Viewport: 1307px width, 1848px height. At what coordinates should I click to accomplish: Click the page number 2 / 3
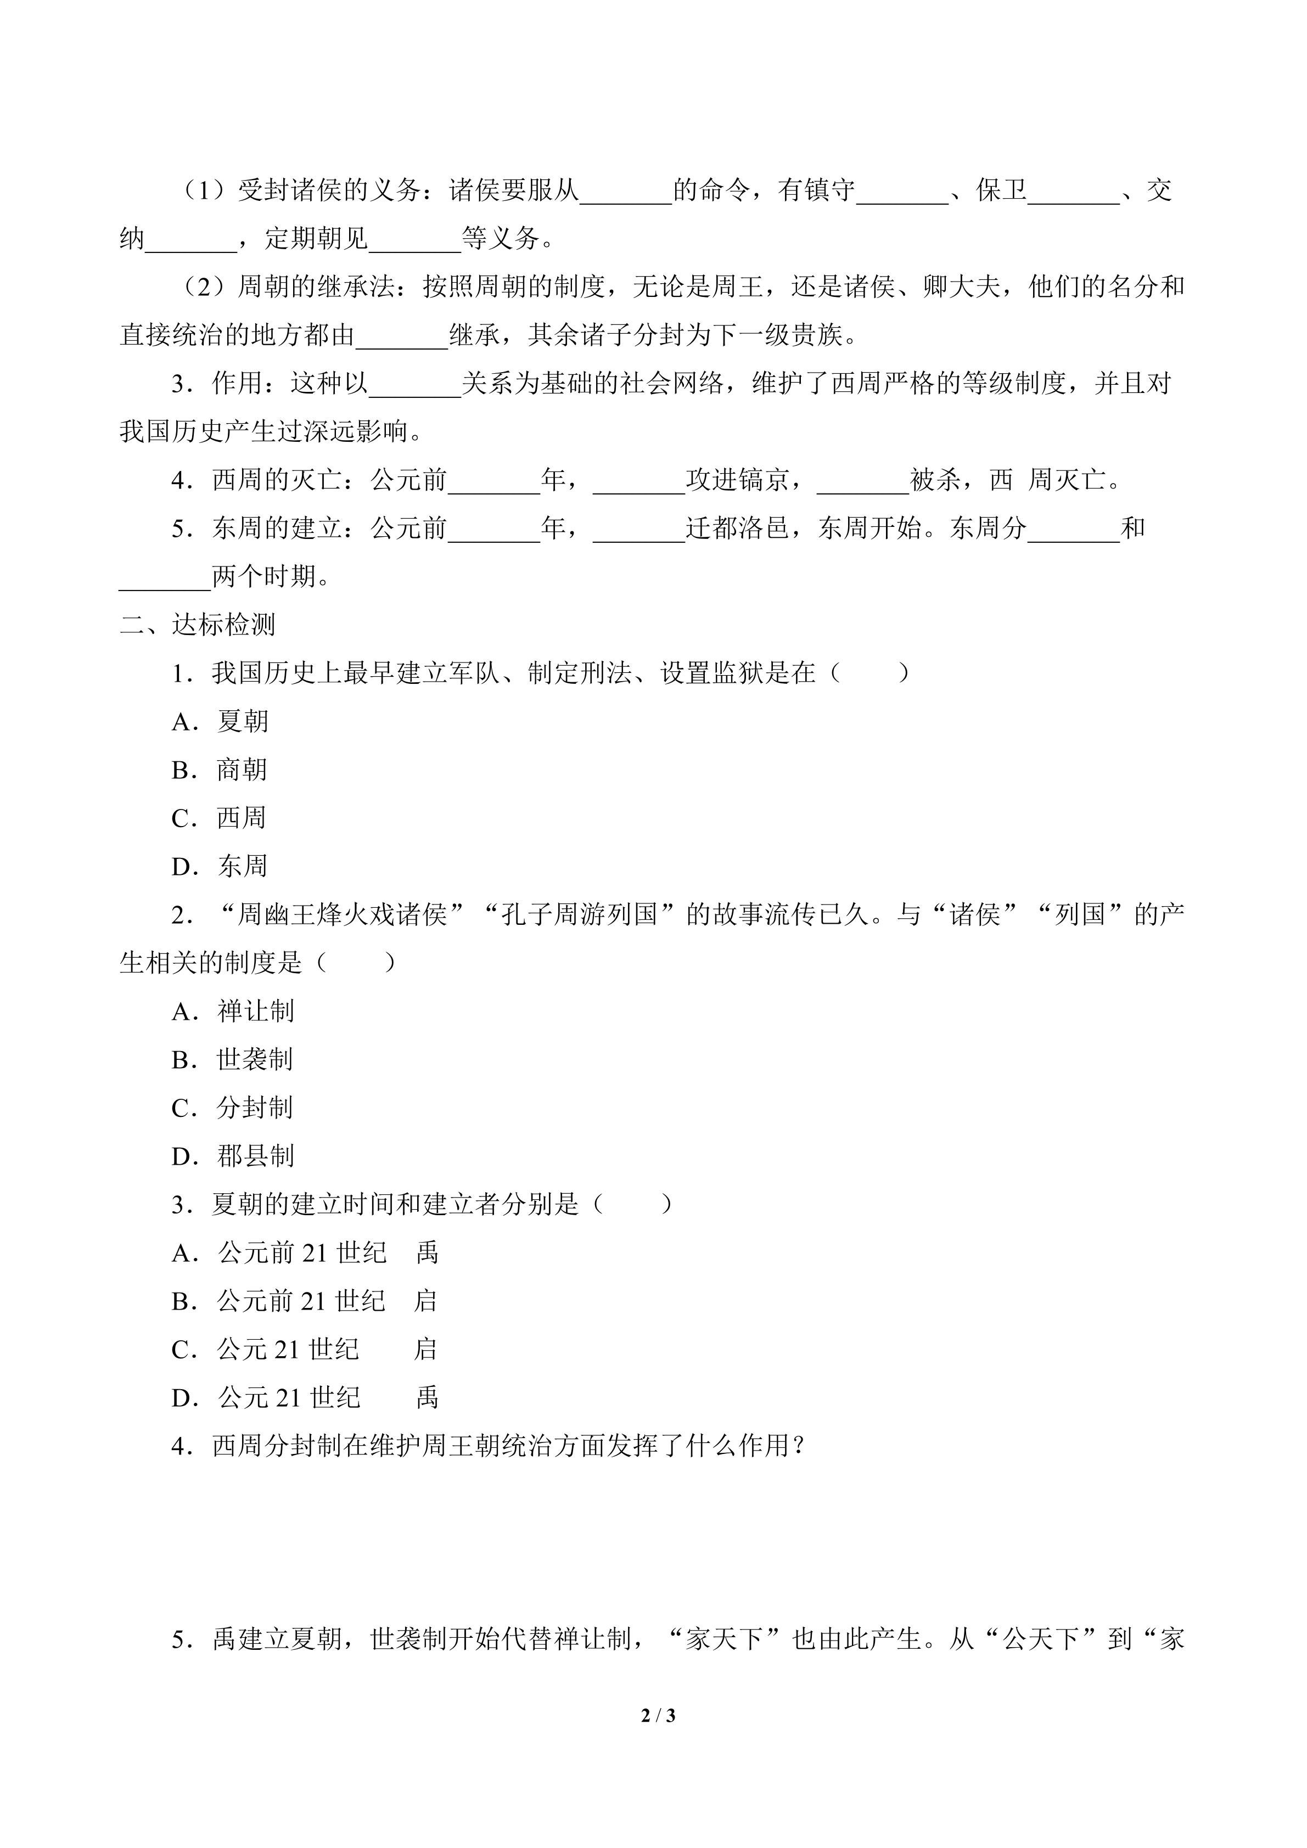[658, 1715]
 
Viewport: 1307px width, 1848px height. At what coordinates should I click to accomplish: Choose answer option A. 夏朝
[220, 721]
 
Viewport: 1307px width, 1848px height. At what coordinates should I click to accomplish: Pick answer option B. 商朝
[219, 769]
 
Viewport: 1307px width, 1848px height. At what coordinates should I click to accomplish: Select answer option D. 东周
[219, 866]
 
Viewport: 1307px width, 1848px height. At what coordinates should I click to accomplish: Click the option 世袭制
[254, 1059]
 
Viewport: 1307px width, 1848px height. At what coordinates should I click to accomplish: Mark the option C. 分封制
[232, 1108]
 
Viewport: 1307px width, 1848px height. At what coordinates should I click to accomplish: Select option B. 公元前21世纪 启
[304, 1301]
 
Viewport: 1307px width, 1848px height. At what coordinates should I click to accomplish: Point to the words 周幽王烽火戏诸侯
[342, 914]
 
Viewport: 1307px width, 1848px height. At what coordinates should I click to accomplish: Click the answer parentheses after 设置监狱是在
[869, 673]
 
